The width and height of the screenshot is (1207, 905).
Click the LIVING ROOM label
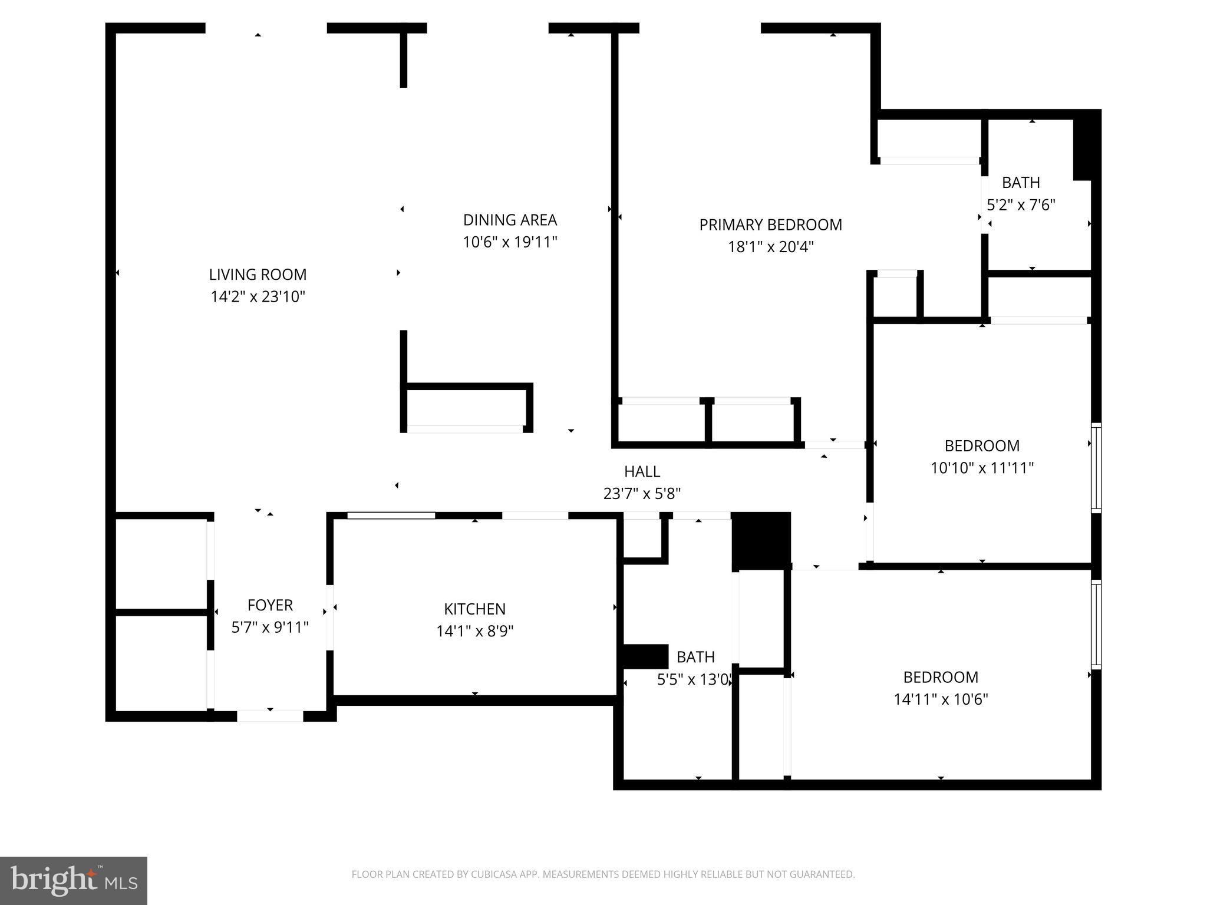pyautogui.click(x=258, y=275)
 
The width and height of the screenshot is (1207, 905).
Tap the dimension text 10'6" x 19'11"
pyautogui.click(x=510, y=242)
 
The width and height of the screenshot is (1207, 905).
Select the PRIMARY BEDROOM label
pyautogui.click(x=770, y=224)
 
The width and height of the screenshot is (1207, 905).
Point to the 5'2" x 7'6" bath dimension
pyautogui.click(x=1021, y=205)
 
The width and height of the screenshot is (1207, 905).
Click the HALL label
pyautogui.click(x=642, y=471)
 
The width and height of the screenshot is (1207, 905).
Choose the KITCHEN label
pyautogui.click(x=474, y=609)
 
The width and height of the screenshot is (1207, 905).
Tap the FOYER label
pyautogui.click(x=270, y=605)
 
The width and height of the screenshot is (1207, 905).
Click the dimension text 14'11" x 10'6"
pyautogui.click(x=941, y=699)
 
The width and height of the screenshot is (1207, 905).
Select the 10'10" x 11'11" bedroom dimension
pyautogui.click(x=982, y=468)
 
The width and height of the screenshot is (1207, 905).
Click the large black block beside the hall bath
pyautogui.click(x=760, y=540)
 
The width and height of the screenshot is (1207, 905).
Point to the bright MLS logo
pyautogui.click(x=74, y=880)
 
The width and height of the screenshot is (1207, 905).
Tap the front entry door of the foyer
pyautogui.click(x=270, y=716)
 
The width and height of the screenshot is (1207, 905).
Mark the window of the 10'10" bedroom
pyautogui.click(x=1096, y=467)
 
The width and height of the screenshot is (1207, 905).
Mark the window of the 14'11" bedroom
pyautogui.click(x=1096, y=625)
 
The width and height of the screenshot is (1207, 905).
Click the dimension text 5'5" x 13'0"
pyautogui.click(x=695, y=680)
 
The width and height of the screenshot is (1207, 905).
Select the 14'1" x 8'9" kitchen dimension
pyautogui.click(x=474, y=631)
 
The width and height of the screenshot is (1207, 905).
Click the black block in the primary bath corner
pyautogui.click(x=1083, y=150)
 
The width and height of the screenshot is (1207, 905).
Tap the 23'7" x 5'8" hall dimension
pyautogui.click(x=642, y=494)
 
